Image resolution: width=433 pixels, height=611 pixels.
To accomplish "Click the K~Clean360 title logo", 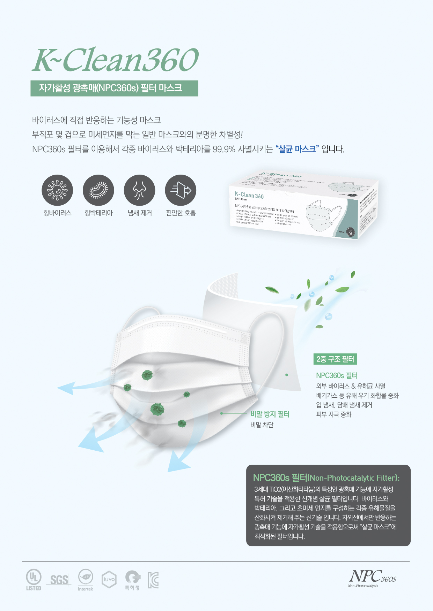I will [115, 60].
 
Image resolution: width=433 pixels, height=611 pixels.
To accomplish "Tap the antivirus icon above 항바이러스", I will [57, 190].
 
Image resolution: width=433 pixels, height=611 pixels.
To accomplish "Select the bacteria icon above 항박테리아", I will [98, 190].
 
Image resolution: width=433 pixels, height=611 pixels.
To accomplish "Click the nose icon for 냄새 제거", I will [139, 190].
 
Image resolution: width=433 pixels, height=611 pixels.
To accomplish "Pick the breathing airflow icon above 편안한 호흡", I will [181, 190].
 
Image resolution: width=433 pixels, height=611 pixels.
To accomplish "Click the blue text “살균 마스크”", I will [297, 149].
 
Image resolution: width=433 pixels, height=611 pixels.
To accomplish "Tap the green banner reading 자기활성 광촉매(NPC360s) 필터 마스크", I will [114, 88].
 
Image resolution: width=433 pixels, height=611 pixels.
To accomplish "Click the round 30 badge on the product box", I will [351, 232].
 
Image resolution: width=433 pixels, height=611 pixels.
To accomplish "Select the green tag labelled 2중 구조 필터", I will [335, 359].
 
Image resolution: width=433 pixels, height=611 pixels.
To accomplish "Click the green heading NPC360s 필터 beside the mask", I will [337, 375].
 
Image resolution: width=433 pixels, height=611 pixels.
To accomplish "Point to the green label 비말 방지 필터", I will [270, 414].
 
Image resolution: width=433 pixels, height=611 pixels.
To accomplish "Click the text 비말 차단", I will [262, 425].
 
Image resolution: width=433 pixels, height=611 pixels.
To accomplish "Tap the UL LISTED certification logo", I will [34, 580].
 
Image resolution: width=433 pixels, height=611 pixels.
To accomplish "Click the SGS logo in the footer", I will [59, 580].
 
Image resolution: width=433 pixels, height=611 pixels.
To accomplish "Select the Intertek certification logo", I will [86, 580].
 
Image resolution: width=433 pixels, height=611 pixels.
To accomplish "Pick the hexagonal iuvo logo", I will [109, 579].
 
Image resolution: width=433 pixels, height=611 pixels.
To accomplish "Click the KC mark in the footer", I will [153, 580].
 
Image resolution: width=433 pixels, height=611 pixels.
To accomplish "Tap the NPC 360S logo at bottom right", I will [372, 578].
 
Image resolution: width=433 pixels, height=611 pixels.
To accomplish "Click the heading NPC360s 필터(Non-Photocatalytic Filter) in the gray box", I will [326, 478].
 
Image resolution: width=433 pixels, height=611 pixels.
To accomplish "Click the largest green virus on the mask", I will [157, 409].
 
